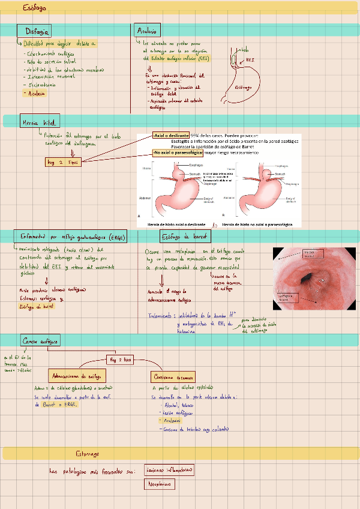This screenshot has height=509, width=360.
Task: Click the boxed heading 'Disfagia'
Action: coord(37,31)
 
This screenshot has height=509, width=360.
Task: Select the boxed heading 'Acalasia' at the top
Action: coord(148,31)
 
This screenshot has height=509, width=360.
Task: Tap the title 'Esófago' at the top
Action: coord(35,8)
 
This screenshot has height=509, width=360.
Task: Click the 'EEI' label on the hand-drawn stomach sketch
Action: coord(250,60)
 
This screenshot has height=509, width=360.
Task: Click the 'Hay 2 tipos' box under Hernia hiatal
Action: coord(62,162)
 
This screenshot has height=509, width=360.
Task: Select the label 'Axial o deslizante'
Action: coord(171,134)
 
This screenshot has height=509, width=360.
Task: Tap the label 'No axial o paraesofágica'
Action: coord(178,153)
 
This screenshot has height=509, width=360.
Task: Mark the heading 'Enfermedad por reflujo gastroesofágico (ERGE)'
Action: coord(73,237)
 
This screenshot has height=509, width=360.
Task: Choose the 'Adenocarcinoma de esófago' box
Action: coord(78,376)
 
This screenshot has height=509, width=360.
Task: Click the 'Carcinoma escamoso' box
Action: coord(174,376)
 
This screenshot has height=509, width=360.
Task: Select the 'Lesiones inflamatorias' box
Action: coord(170,470)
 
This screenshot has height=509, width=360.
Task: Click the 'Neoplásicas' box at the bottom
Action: coord(163,484)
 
